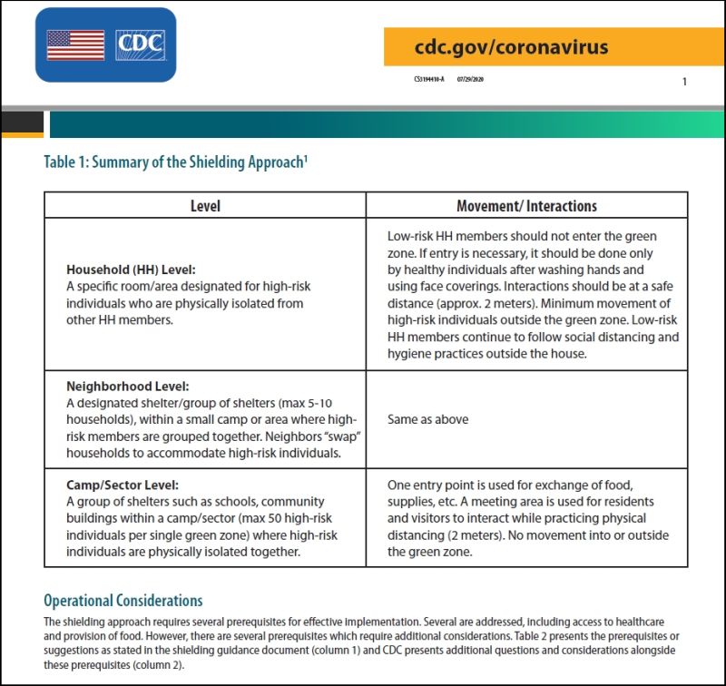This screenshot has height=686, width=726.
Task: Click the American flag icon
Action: coord(75,45)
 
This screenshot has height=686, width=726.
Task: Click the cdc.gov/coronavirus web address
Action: coord(511,47)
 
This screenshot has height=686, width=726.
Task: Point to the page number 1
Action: coord(684,82)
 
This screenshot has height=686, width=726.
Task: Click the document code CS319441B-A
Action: coord(428,80)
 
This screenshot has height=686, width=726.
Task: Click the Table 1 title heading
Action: coord(178,162)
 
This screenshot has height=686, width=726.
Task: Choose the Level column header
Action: coord(205,206)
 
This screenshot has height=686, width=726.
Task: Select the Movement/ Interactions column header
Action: coord(526,206)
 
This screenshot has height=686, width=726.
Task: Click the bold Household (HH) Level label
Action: coord(131,270)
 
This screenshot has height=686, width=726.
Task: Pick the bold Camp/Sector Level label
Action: coord(123,485)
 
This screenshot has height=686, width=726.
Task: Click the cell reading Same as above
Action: coord(428,420)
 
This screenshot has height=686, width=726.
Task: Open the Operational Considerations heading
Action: coord(123,601)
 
